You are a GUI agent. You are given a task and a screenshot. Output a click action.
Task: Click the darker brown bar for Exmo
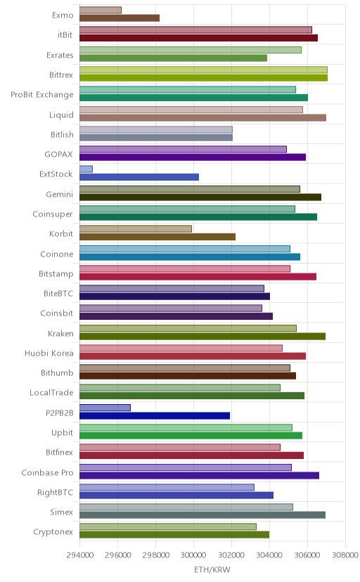click(x=120, y=18)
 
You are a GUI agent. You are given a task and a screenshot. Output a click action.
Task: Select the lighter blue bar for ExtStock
click(x=86, y=169)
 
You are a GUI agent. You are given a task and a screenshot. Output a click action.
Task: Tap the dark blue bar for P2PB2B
click(x=155, y=415)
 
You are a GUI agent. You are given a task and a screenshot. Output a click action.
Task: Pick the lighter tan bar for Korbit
click(x=136, y=228)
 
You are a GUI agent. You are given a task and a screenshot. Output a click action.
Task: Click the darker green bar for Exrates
click(x=173, y=58)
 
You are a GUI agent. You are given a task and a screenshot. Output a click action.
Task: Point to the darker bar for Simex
click(x=202, y=515)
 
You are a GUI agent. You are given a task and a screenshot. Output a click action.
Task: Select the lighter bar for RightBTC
click(x=167, y=487)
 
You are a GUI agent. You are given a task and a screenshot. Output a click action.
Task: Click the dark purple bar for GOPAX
click(x=193, y=157)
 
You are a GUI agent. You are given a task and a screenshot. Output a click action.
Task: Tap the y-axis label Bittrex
click(x=61, y=75)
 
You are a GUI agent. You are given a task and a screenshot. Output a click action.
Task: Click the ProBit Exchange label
click(x=42, y=95)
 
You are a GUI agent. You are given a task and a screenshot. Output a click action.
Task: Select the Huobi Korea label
click(x=49, y=353)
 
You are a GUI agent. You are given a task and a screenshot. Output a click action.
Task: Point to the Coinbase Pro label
click(x=48, y=472)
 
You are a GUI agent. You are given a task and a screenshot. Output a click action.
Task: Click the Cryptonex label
click(x=53, y=532)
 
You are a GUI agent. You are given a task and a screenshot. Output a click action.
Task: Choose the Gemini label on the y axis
click(x=60, y=194)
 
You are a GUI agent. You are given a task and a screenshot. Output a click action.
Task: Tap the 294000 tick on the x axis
click(x=79, y=555)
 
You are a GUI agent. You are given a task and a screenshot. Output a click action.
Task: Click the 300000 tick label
click(x=194, y=555)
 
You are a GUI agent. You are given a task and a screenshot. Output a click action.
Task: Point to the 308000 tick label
click(x=345, y=555)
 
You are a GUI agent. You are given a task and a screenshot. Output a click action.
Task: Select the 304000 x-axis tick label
click(x=269, y=555)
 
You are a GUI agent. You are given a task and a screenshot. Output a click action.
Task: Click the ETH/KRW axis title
click(x=212, y=570)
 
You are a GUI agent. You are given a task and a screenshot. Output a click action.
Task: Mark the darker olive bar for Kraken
click(x=202, y=336)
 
